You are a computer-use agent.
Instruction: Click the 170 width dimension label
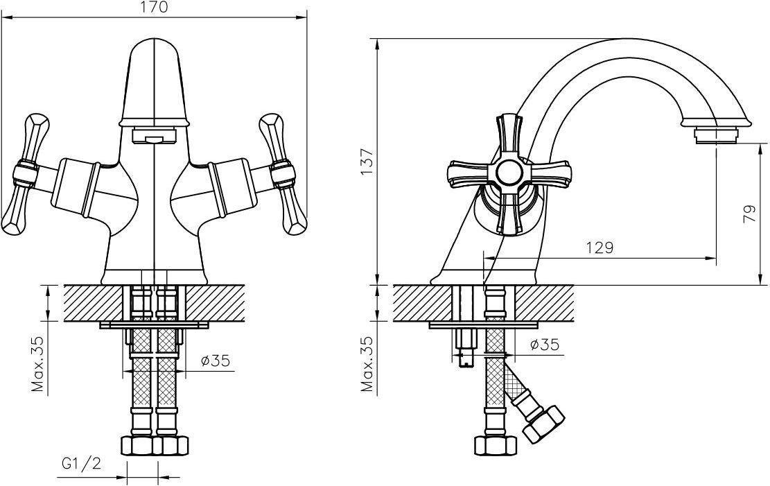(x=155, y=8)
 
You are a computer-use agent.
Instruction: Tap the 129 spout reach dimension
(x=600, y=248)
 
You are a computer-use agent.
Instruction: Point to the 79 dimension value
(x=751, y=215)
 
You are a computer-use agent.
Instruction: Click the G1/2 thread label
(x=82, y=463)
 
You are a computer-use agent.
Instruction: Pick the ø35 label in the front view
(x=216, y=361)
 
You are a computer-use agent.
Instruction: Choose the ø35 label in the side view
(x=545, y=345)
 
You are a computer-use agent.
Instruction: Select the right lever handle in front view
(x=284, y=175)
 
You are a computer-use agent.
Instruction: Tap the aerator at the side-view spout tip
(x=717, y=136)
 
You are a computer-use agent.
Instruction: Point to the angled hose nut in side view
(x=543, y=423)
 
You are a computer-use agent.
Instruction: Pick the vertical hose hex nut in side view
(x=495, y=445)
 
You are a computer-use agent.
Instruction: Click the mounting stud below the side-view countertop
(x=464, y=348)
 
